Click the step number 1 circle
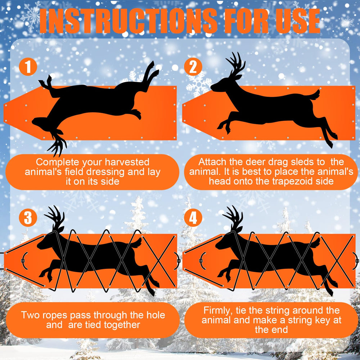pyautogui.click(x=28, y=67)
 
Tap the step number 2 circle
pyautogui.click(x=193, y=67)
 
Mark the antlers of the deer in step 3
pyautogui.click(x=55, y=217)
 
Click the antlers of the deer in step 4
pyautogui.click(x=233, y=217)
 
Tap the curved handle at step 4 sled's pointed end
pyautogui.click(x=202, y=261)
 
